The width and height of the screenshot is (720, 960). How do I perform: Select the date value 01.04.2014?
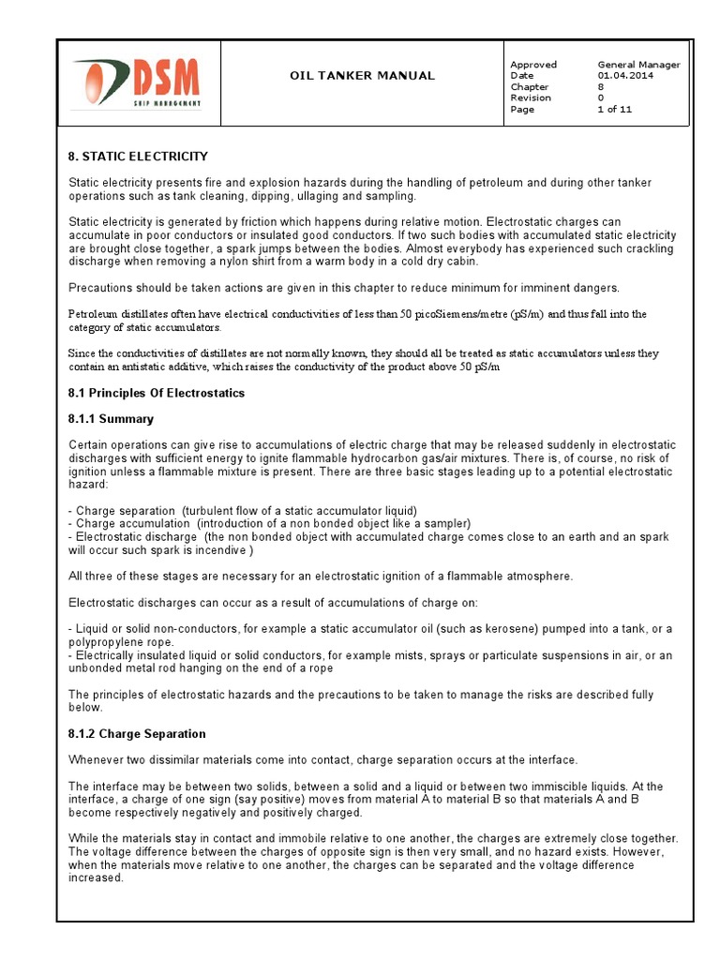(x=626, y=76)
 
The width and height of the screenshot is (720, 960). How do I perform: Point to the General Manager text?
(x=638, y=65)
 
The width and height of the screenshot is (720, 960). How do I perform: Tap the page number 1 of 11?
(x=614, y=110)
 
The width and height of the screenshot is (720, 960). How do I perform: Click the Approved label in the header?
(x=532, y=65)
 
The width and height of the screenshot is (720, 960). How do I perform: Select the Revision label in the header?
(x=531, y=98)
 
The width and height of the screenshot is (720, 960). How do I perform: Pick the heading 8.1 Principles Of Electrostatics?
(x=157, y=393)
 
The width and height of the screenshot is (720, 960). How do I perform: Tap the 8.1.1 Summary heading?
(x=111, y=419)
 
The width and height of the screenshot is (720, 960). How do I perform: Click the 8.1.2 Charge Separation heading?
(x=137, y=733)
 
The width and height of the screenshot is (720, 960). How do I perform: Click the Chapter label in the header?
(x=529, y=87)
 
